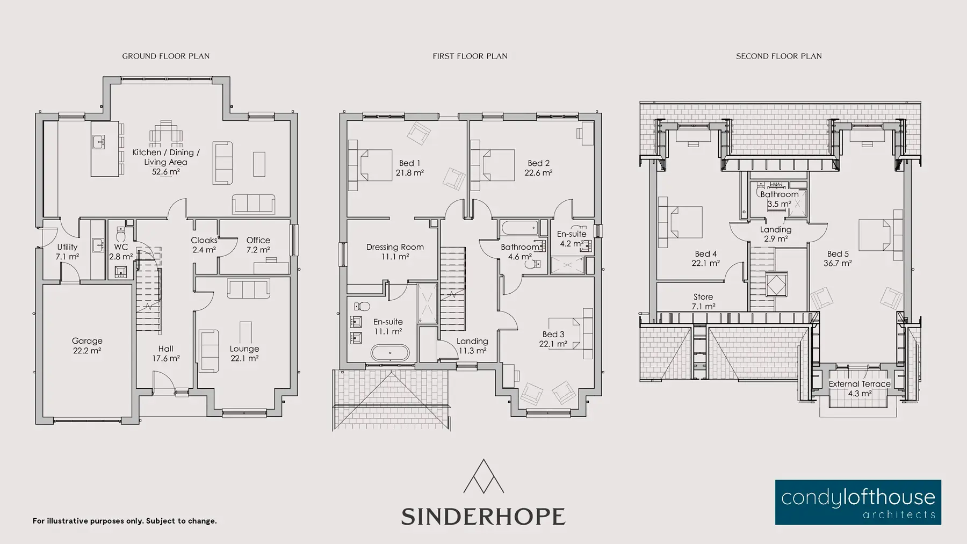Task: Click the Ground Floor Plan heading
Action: (x=165, y=56)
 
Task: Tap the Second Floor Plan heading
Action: (x=778, y=56)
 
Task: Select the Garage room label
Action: (x=87, y=341)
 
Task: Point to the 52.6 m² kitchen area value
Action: (x=165, y=172)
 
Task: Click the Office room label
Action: (x=258, y=240)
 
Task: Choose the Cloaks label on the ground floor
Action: (x=204, y=240)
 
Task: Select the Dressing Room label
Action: (x=395, y=247)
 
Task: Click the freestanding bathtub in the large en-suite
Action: (x=390, y=353)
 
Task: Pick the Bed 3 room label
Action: (x=553, y=334)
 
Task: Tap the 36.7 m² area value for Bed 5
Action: (x=838, y=263)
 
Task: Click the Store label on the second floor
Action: (x=703, y=297)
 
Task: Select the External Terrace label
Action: (x=860, y=384)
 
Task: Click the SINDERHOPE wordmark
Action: (x=483, y=516)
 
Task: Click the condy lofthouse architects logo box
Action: (x=858, y=502)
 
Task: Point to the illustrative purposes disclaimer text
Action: (x=125, y=521)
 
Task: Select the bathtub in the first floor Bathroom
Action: (x=520, y=228)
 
